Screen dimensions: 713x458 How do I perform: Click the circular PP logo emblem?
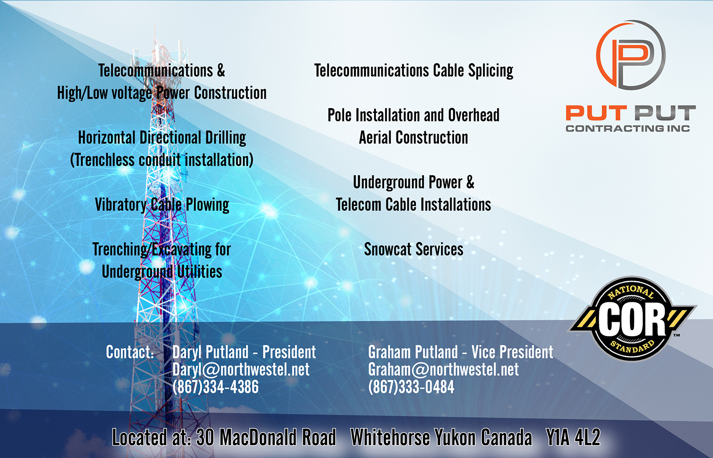(x=631, y=55)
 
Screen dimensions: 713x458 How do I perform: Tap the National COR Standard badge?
(x=632, y=319)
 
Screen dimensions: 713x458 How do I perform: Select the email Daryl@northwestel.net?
(x=241, y=370)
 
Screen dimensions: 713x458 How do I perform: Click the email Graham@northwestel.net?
(x=443, y=370)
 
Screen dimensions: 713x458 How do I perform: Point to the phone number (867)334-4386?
(x=215, y=387)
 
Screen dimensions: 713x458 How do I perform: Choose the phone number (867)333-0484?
(x=411, y=387)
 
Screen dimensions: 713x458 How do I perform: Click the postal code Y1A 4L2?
(x=573, y=437)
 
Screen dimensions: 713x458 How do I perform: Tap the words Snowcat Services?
(x=414, y=249)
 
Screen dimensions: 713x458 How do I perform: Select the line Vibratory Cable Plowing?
(x=162, y=205)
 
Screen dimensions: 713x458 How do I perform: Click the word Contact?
(x=130, y=352)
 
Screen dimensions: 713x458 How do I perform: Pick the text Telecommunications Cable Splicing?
(x=414, y=71)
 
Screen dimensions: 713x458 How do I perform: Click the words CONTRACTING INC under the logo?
(x=628, y=129)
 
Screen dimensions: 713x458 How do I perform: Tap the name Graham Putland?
(x=413, y=352)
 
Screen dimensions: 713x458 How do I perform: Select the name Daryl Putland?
(x=211, y=352)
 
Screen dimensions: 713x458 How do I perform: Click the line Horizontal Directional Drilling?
(x=162, y=138)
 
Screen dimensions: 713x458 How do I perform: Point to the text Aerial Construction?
(x=414, y=138)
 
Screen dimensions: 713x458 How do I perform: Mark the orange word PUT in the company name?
(x=596, y=113)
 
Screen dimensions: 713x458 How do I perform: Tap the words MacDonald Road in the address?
(x=278, y=437)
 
